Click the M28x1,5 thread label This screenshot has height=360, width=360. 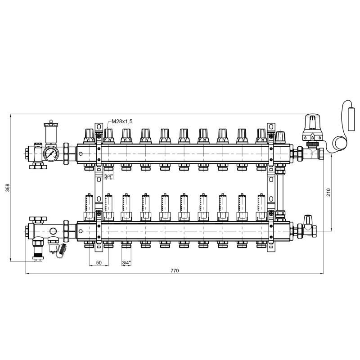[122, 121]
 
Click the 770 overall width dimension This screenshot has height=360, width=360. [175, 270]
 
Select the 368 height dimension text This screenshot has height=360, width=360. [8, 188]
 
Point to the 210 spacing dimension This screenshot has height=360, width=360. [328, 193]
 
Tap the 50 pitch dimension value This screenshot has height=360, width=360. [99, 263]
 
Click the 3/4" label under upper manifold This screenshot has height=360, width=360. [108, 176]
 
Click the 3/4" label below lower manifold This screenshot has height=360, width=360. [126, 263]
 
